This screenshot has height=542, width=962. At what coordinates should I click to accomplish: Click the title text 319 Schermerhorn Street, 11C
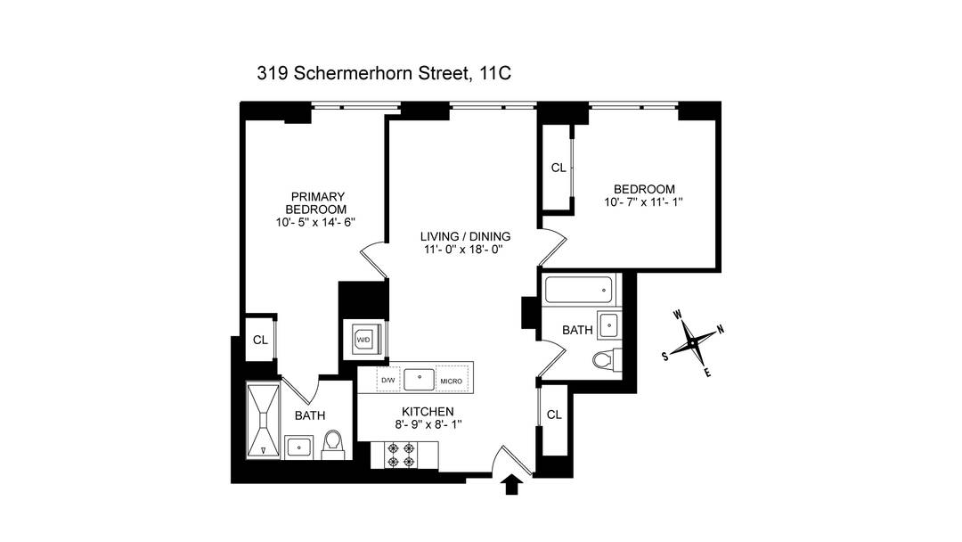[383, 74]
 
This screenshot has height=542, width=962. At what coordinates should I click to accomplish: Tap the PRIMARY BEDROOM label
[317, 202]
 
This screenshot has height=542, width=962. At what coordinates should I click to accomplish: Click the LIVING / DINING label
[465, 236]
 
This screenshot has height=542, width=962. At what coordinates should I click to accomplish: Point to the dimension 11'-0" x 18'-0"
[465, 250]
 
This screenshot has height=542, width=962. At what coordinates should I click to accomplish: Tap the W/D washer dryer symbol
[363, 340]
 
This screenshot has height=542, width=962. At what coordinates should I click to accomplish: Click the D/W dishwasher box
[388, 381]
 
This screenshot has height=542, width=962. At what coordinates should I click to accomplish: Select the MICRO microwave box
[450, 381]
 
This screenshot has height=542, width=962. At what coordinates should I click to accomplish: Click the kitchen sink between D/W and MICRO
[419, 379]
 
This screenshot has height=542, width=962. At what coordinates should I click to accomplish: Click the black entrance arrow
[512, 484]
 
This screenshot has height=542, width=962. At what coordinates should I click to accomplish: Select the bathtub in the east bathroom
[580, 289]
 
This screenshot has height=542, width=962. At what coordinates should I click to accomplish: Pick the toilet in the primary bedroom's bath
[333, 443]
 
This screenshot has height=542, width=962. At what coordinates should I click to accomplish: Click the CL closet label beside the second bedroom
[558, 168]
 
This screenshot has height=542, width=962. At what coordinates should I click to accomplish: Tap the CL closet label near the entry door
[553, 415]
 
